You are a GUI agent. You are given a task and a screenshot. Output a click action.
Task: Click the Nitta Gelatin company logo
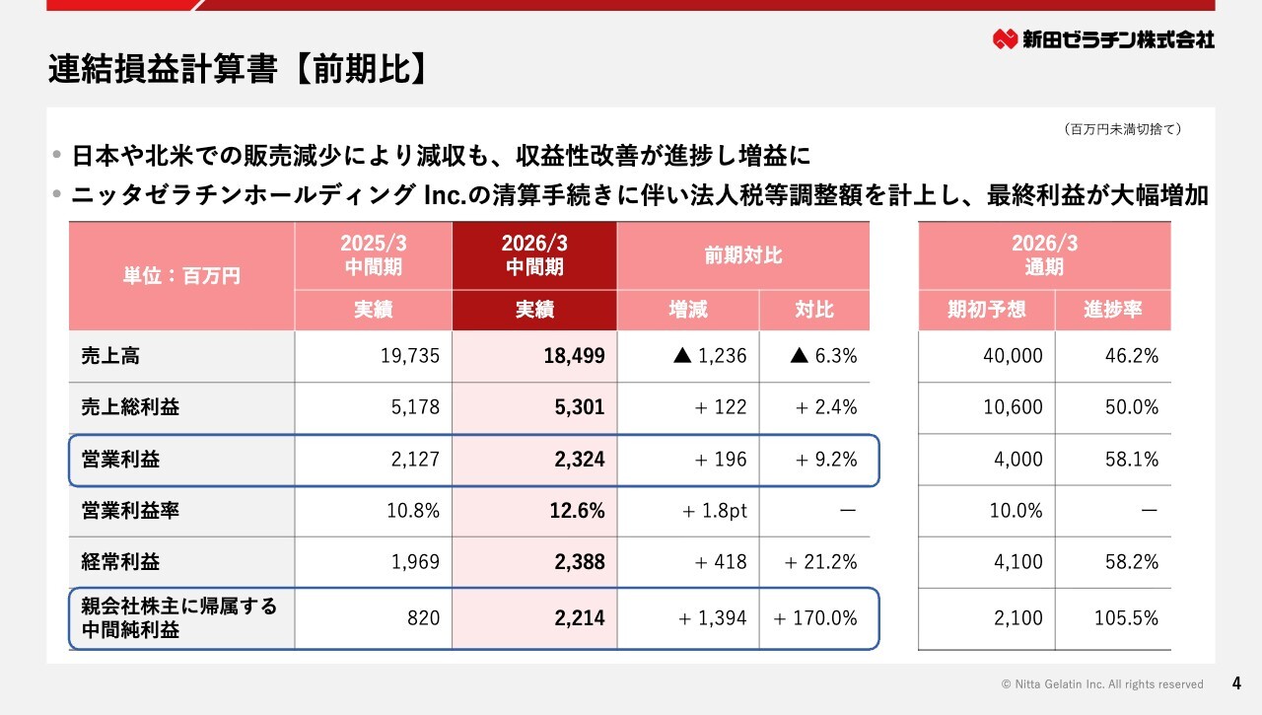pyautogui.click(x=1103, y=39)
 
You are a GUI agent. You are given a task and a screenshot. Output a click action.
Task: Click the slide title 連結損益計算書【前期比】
pyautogui.click(x=238, y=70)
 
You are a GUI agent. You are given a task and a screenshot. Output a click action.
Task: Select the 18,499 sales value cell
pyautogui.click(x=574, y=356)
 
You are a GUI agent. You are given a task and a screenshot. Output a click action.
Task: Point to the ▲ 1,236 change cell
pyautogui.click(x=710, y=356)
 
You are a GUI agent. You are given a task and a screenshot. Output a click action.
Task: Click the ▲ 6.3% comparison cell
pyautogui.click(x=823, y=356)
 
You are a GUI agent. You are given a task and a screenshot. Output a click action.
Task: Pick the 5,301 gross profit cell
pyautogui.click(x=580, y=407)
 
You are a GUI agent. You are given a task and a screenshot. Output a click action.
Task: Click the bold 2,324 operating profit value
pyautogui.click(x=580, y=460)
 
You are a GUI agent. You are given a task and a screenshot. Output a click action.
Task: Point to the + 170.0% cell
pyautogui.click(x=815, y=619)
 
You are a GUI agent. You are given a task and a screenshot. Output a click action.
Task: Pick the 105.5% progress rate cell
pyautogui.click(x=1126, y=619)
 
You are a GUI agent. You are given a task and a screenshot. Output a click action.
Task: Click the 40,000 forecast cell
pyautogui.click(x=1013, y=356)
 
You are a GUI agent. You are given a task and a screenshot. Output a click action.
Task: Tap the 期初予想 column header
pyautogui.click(x=986, y=310)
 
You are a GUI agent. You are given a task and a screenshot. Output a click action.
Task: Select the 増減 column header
pyautogui.click(x=688, y=310)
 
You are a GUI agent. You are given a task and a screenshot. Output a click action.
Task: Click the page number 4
pyautogui.click(x=1237, y=682)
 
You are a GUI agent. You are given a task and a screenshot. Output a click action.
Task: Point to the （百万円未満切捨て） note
pyautogui.click(x=1123, y=129)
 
